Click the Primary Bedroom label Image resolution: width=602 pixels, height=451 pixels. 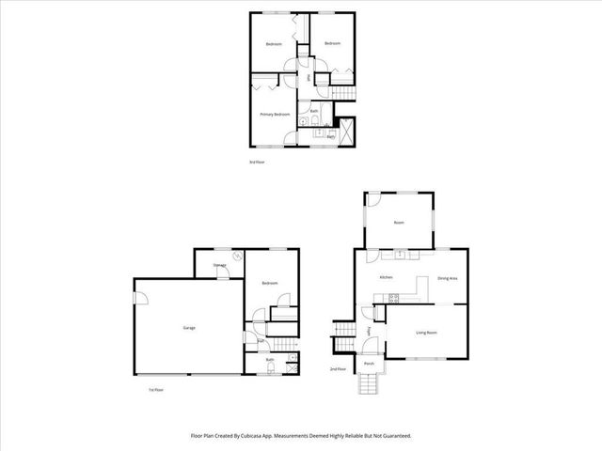point(275,114)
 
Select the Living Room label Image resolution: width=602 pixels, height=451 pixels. point(428,333)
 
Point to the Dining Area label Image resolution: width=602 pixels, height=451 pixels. point(448,278)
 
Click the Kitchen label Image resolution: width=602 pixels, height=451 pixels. point(386,278)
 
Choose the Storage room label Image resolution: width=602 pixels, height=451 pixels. point(219,266)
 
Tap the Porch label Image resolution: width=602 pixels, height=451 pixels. point(370,363)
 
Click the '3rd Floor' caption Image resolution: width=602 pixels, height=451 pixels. point(257,162)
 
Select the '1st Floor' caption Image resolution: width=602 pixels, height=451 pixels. point(156,390)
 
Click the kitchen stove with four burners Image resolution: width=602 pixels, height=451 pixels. point(394,298)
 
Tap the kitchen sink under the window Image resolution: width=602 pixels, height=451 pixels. point(399,254)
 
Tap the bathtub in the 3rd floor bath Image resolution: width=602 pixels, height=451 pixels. point(344,131)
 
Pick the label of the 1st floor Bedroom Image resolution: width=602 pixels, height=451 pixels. point(270,283)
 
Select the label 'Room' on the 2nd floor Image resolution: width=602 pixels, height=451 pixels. point(399,223)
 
